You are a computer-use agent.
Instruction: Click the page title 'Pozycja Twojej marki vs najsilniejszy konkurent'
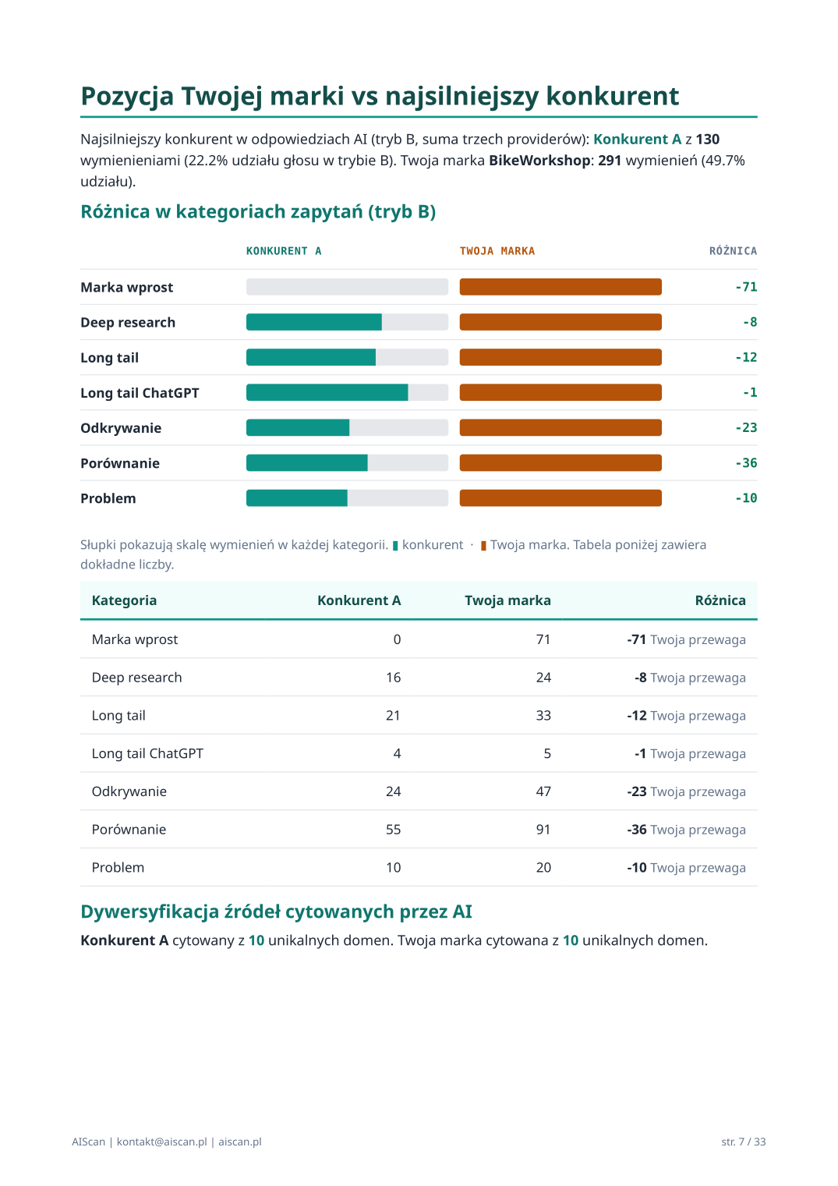click(x=380, y=96)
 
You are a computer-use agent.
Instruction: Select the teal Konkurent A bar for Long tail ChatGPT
click(x=327, y=392)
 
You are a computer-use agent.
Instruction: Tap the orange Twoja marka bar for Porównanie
click(x=560, y=463)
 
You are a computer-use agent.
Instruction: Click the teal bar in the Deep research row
click(x=313, y=322)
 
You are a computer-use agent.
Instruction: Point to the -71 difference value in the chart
click(x=745, y=287)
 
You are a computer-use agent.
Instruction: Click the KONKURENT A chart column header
click(x=284, y=251)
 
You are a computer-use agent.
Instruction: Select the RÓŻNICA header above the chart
click(x=732, y=251)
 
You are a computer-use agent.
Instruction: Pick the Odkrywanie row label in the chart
click(x=121, y=428)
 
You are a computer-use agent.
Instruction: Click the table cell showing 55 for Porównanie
click(x=393, y=830)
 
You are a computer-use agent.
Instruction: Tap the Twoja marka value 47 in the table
click(x=543, y=791)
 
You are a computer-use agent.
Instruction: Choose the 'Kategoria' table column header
click(x=124, y=600)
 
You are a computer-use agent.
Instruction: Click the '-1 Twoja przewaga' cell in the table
click(x=689, y=754)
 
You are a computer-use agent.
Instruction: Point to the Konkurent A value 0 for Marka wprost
click(x=397, y=639)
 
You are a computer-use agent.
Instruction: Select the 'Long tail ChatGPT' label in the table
click(x=147, y=754)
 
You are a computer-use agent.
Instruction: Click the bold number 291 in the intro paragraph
click(x=609, y=161)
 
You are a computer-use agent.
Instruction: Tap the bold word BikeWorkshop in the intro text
click(x=539, y=161)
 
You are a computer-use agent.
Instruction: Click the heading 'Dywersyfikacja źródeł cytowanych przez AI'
click(x=276, y=912)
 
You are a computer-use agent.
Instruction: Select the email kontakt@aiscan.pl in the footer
click(x=161, y=1142)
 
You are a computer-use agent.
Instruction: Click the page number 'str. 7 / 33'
click(x=743, y=1142)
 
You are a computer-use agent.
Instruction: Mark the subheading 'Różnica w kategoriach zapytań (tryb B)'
click(x=258, y=212)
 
